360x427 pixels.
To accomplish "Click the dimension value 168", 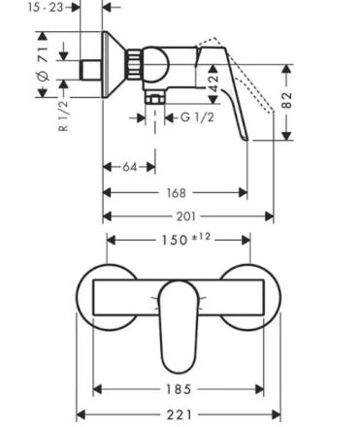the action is click(177, 193).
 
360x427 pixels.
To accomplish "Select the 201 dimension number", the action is click(186, 216).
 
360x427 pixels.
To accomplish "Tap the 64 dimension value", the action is click(130, 167).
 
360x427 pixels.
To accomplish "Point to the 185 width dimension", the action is click(179, 389).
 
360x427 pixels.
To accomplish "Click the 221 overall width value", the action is click(180, 414).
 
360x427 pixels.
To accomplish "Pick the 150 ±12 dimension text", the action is click(185, 239).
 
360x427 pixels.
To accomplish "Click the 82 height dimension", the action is click(286, 100).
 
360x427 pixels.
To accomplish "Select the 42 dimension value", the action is click(213, 83).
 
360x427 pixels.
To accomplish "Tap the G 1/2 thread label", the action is click(197, 117).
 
